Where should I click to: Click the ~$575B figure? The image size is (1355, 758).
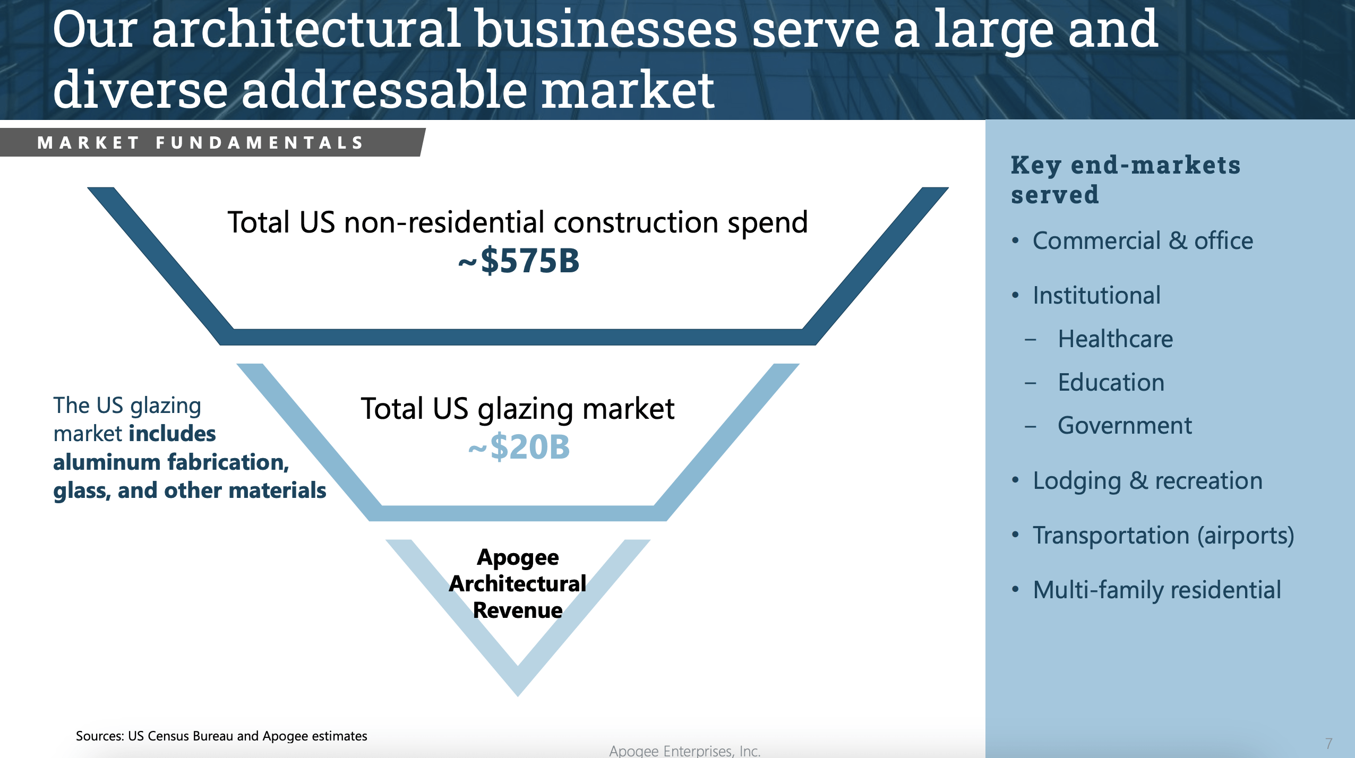click(519, 261)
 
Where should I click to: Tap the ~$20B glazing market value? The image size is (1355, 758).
click(519, 447)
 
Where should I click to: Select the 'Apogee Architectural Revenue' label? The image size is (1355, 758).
click(518, 583)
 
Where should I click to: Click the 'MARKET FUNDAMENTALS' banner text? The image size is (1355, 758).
click(201, 143)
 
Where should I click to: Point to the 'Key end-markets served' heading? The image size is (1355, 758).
click(1125, 179)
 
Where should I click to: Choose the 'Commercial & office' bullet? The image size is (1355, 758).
click(1142, 241)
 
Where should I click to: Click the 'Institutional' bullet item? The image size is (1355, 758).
click(1096, 296)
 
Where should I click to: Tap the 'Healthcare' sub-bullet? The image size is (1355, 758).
click(1115, 339)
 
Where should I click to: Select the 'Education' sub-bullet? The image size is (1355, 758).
click(1111, 383)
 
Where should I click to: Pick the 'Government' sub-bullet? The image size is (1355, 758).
click(1125, 426)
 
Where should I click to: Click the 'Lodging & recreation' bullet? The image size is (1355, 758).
click(1147, 481)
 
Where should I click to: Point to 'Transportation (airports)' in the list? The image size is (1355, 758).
click(1163, 536)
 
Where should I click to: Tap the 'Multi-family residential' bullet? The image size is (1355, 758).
click(1156, 590)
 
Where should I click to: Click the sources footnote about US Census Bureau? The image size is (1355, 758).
click(221, 736)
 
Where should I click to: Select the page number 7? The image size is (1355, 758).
click(1328, 744)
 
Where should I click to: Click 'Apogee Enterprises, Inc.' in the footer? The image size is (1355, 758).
click(684, 751)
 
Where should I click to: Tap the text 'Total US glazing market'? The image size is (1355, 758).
click(518, 409)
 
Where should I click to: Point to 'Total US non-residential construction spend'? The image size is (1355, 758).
click(518, 222)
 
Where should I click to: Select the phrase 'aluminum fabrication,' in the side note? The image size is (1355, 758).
click(171, 462)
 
